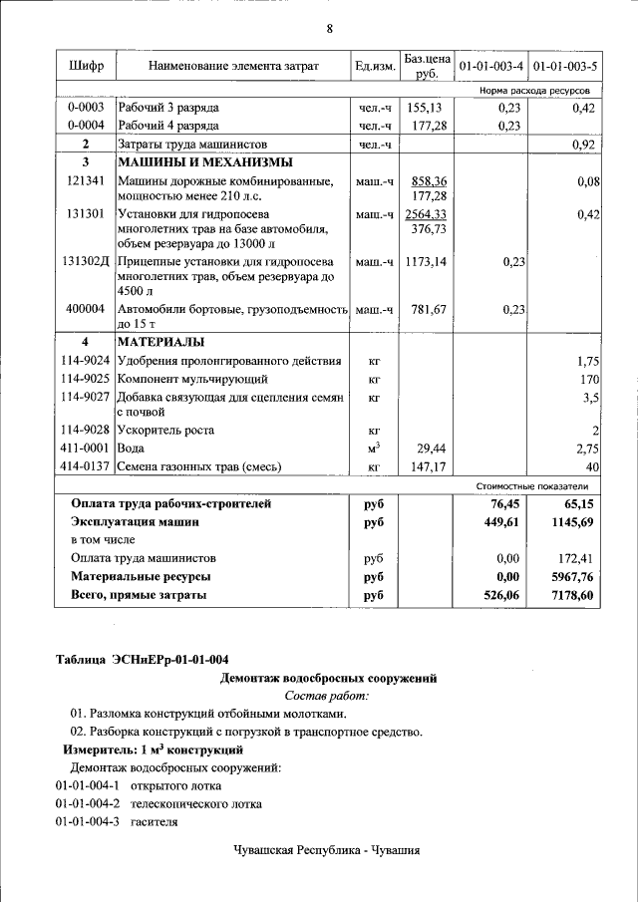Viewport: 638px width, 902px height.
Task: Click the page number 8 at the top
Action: point(329,28)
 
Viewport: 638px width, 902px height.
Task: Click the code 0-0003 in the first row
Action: point(86,107)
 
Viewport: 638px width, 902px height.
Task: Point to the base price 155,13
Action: point(425,107)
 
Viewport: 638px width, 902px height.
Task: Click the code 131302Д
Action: point(86,262)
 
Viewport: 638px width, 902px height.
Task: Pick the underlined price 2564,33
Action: point(425,214)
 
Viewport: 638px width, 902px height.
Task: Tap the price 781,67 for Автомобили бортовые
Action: point(425,310)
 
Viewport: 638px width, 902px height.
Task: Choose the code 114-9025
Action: point(86,379)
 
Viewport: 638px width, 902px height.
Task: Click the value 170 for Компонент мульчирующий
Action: point(589,379)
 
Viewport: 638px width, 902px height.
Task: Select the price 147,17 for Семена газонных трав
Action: point(425,466)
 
